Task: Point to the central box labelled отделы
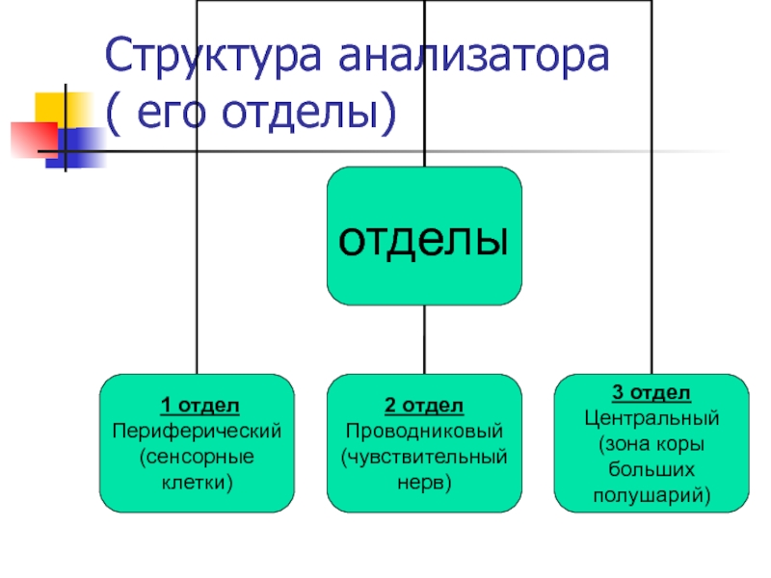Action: click(x=424, y=237)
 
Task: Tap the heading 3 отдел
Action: click(x=651, y=392)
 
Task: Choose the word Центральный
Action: click(x=651, y=418)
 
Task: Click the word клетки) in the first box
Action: click(x=197, y=479)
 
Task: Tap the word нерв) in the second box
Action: click(x=424, y=479)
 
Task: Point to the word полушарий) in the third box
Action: click(x=651, y=495)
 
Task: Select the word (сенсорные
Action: click(x=197, y=454)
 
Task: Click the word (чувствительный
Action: click(x=424, y=454)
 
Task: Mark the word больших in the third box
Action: click(x=651, y=470)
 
